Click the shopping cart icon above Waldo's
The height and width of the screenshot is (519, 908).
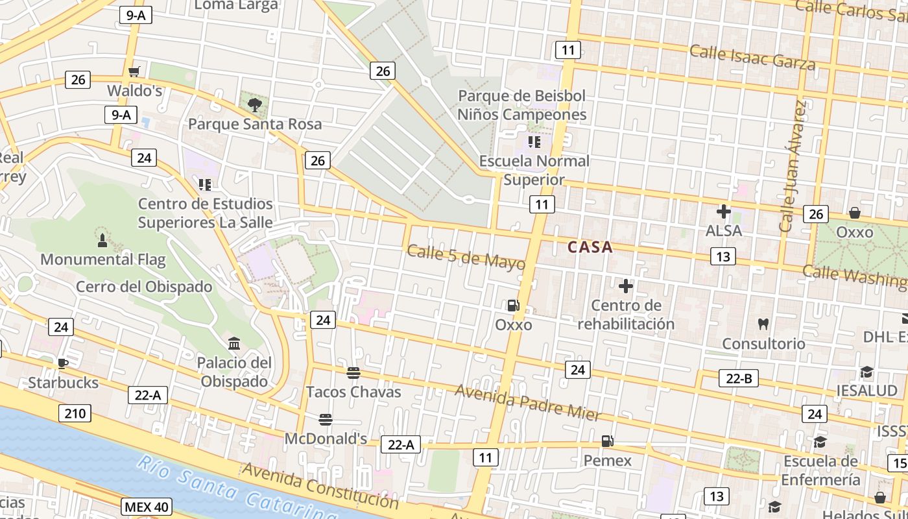(x=134, y=71)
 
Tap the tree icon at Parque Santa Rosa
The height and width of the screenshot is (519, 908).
(x=254, y=104)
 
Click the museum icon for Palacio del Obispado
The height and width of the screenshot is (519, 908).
(x=234, y=343)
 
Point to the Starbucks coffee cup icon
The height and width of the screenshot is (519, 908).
(x=62, y=363)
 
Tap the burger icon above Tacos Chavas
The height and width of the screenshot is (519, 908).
(x=353, y=373)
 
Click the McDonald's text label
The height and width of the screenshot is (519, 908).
(x=326, y=439)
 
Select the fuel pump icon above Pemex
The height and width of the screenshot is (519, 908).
(x=607, y=441)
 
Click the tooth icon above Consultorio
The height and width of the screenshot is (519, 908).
(x=763, y=324)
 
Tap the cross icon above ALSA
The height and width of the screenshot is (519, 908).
(x=723, y=211)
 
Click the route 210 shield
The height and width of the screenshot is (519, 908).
(x=75, y=413)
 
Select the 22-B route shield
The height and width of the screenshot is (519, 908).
(x=738, y=378)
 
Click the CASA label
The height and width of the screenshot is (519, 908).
(x=590, y=247)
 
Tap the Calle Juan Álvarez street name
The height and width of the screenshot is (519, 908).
(x=794, y=167)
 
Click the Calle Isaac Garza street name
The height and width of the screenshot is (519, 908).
(x=752, y=58)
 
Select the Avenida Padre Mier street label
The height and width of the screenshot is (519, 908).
(x=528, y=402)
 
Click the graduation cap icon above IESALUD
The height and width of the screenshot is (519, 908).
(x=866, y=372)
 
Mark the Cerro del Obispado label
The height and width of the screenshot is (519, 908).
(x=144, y=287)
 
